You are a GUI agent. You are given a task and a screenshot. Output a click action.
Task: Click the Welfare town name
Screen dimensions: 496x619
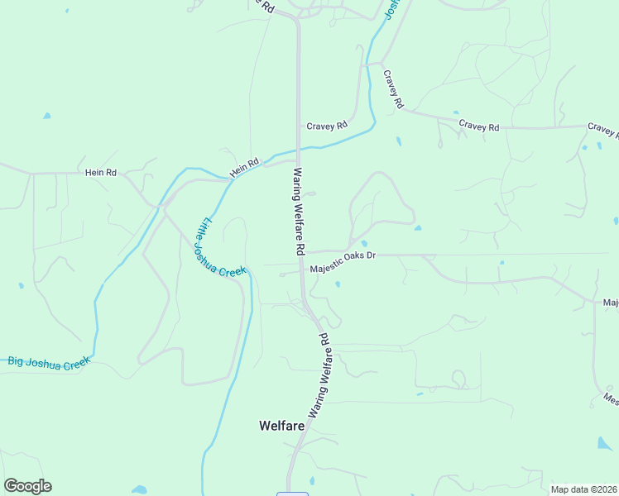[x=281, y=426]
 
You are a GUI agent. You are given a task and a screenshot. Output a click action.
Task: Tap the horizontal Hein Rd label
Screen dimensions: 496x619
[x=101, y=173]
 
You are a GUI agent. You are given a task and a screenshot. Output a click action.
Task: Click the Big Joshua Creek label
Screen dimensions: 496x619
[x=48, y=361]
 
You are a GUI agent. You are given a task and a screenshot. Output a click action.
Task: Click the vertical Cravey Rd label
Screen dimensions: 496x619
[x=392, y=89]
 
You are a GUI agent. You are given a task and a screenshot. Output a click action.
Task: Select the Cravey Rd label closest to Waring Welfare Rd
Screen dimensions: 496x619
[x=327, y=126]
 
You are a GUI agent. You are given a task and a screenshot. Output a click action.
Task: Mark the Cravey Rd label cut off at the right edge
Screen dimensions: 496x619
[x=603, y=129]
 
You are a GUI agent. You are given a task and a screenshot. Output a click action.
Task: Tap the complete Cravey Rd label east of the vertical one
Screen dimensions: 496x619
[x=479, y=126]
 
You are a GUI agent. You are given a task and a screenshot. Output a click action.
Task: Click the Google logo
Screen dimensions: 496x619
[x=27, y=486]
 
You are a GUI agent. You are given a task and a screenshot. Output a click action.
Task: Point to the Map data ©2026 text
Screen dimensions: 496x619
[x=584, y=489]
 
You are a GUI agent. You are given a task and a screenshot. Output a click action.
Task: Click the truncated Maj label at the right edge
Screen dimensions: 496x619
[x=611, y=303]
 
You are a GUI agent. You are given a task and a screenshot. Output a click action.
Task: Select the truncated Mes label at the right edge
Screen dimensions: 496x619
[x=611, y=398]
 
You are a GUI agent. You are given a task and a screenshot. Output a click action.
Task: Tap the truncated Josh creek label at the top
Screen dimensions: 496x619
[x=391, y=10]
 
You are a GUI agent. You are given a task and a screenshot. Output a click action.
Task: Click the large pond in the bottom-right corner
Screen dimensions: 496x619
[x=605, y=444]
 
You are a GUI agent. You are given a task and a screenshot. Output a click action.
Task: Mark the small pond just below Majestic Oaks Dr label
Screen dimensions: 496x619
[x=338, y=285]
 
